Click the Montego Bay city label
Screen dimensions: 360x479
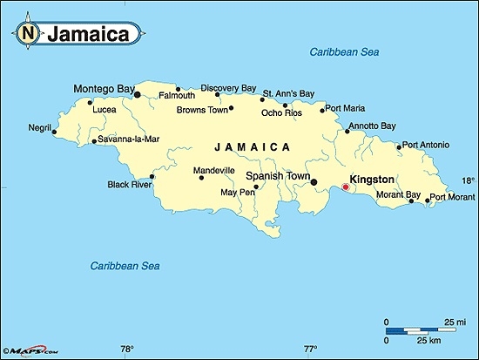click(x=104, y=88)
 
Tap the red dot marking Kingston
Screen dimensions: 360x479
click(x=346, y=187)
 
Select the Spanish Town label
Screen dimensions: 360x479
click(x=278, y=176)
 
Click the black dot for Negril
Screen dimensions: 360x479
click(x=55, y=132)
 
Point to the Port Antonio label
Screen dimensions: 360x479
click(x=427, y=145)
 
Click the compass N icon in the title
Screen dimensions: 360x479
click(x=29, y=34)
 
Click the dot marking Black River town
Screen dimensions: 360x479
click(x=152, y=176)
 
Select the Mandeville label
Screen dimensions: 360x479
click(x=214, y=170)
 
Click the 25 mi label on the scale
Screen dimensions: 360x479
click(x=454, y=323)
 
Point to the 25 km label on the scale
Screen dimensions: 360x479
click(x=427, y=340)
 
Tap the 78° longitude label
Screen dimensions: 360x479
click(x=127, y=350)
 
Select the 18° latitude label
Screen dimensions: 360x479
click(x=468, y=180)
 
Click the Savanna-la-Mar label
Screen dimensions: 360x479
click(x=127, y=139)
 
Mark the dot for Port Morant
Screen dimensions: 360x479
click(x=427, y=200)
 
